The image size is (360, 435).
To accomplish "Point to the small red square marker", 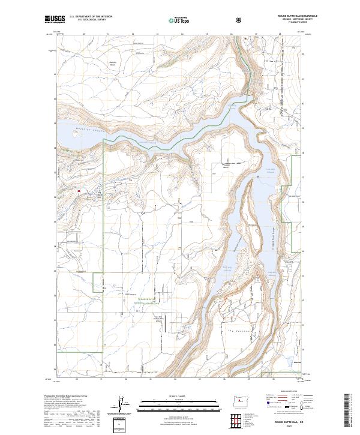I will point(79,191).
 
